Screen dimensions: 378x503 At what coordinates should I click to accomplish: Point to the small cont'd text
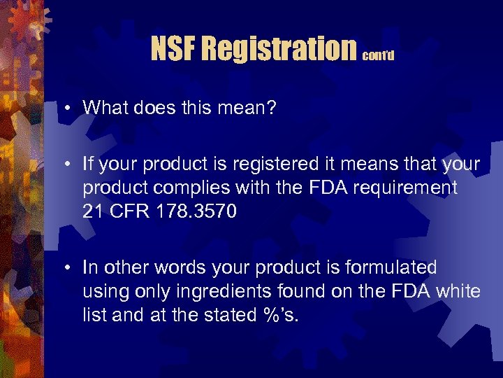click(379, 55)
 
